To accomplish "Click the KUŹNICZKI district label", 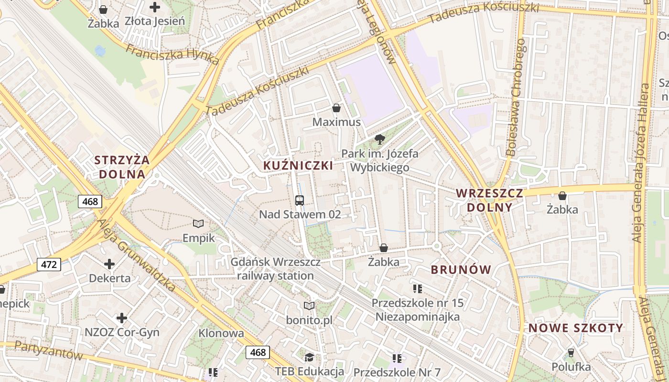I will (x=298, y=166).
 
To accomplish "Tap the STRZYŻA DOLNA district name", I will (x=122, y=167).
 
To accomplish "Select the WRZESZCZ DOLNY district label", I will (x=489, y=200).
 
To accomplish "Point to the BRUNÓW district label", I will (x=461, y=270).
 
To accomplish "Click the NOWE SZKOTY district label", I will (x=576, y=328).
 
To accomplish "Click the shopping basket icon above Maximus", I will (x=336, y=108).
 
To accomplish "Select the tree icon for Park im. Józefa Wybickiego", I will (x=380, y=139).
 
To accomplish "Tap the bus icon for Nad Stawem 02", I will (x=300, y=201).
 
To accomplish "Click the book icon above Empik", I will (x=198, y=223).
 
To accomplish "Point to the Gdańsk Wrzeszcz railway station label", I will (x=276, y=269).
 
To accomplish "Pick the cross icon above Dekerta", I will (x=109, y=264).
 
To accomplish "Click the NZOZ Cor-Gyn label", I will (x=122, y=332).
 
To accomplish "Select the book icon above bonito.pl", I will (x=309, y=306).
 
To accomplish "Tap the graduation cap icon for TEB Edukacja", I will (x=309, y=357).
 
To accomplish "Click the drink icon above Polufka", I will (x=570, y=353).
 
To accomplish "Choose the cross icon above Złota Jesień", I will (x=155, y=7).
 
